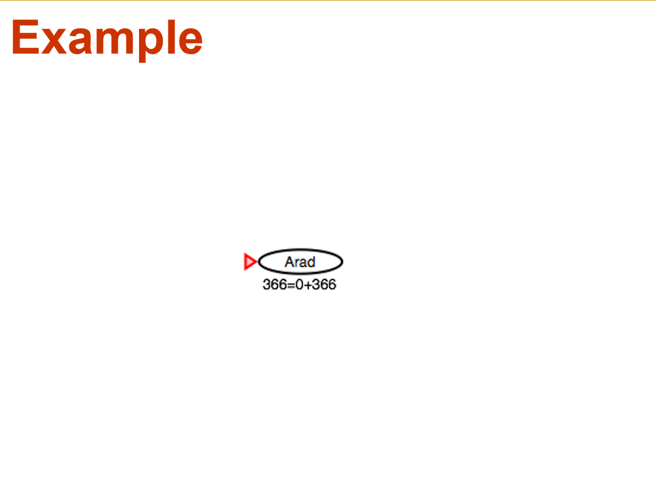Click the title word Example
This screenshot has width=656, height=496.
[107, 39]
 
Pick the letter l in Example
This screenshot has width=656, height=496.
[171, 37]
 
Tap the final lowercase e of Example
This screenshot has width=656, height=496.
[191, 41]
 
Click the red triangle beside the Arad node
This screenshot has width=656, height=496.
[250, 262]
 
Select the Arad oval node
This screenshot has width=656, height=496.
[300, 262]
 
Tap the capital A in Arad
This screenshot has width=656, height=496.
[290, 262]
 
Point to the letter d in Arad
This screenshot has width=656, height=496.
[311, 262]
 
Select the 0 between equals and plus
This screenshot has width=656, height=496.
[299, 284]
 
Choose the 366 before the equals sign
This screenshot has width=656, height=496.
[275, 284]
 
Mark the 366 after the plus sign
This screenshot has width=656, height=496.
[324, 284]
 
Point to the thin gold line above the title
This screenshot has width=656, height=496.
[328, 1]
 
